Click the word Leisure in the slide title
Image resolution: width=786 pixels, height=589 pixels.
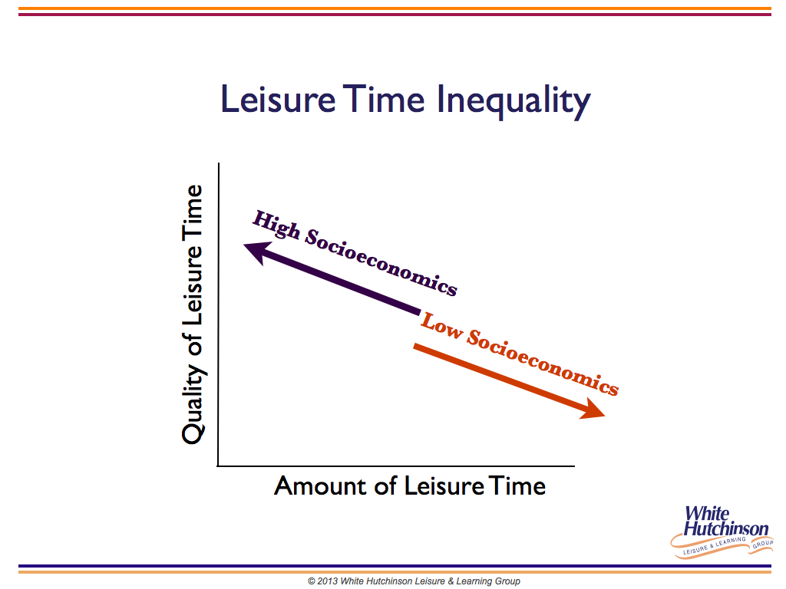point(278,99)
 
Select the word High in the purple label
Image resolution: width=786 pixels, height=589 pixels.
point(276,225)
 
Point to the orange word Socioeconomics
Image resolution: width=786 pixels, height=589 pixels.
point(543,362)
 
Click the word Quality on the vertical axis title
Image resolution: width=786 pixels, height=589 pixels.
point(193,403)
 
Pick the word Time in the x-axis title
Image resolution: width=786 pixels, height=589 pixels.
point(517,485)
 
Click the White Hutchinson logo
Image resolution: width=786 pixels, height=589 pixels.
point(722,531)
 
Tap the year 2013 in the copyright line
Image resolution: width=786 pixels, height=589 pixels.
point(327,581)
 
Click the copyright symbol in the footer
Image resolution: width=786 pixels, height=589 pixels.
point(312,581)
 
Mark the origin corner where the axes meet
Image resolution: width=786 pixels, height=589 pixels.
point(219,466)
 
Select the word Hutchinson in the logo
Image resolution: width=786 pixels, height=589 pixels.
point(726,528)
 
